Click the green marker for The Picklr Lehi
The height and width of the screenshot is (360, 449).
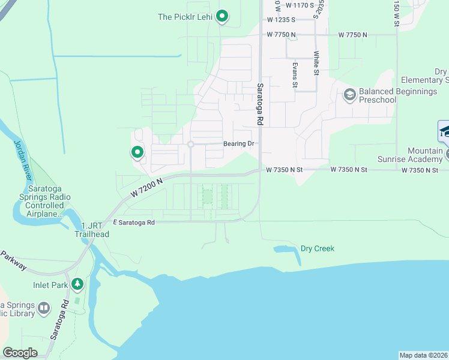click(x=221, y=17)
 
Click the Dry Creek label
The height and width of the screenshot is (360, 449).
click(x=317, y=248)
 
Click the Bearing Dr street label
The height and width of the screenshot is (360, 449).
click(x=240, y=144)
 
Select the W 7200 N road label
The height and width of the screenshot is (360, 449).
click(x=146, y=188)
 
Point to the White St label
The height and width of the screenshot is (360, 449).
click(x=316, y=63)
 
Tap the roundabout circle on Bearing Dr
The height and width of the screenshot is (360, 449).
click(x=190, y=145)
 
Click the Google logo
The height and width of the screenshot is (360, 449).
click(x=20, y=353)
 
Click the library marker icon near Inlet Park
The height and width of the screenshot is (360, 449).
click(x=43, y=308)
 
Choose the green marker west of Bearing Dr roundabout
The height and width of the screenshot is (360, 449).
click(x=137, y=152)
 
